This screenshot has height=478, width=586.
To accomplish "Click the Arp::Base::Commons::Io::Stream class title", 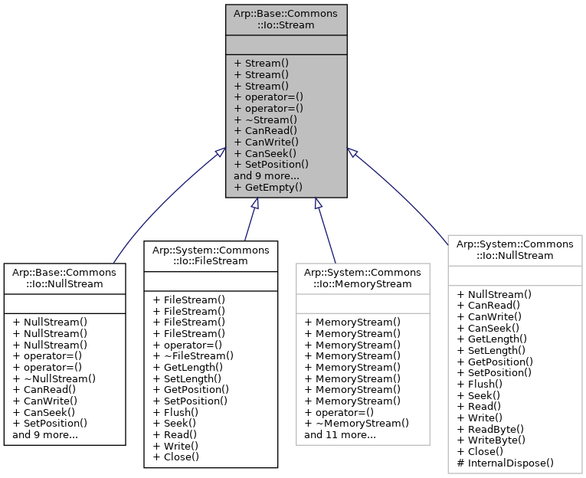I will coord(286,18).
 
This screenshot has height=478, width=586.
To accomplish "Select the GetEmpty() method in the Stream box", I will coord(268,186).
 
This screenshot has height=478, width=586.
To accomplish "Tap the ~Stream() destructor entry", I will coord(265,120).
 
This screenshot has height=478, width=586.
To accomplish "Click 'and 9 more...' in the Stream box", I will coord(266,175).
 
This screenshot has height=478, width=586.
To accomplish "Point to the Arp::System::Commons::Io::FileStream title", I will coord(211,255).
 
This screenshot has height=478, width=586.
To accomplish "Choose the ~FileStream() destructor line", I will coord(193,355).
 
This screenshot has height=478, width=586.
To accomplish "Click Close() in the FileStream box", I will coord(175,457).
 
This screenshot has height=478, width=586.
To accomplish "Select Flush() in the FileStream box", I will coord(175,411).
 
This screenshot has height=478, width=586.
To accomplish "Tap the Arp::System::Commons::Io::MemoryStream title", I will coord(362,277).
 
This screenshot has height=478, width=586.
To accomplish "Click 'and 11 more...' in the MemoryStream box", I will coord(339,434).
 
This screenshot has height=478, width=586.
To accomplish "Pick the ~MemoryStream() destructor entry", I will coord(356,423).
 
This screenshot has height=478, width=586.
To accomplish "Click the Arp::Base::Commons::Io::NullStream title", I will coord(64,277).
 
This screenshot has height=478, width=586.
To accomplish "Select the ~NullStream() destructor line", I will coord(54,378).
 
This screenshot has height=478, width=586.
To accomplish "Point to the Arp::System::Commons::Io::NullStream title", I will coord(515,249).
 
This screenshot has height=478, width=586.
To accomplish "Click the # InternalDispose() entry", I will coord(505,463).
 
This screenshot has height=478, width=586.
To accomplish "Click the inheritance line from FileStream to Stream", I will coord(250,222).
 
